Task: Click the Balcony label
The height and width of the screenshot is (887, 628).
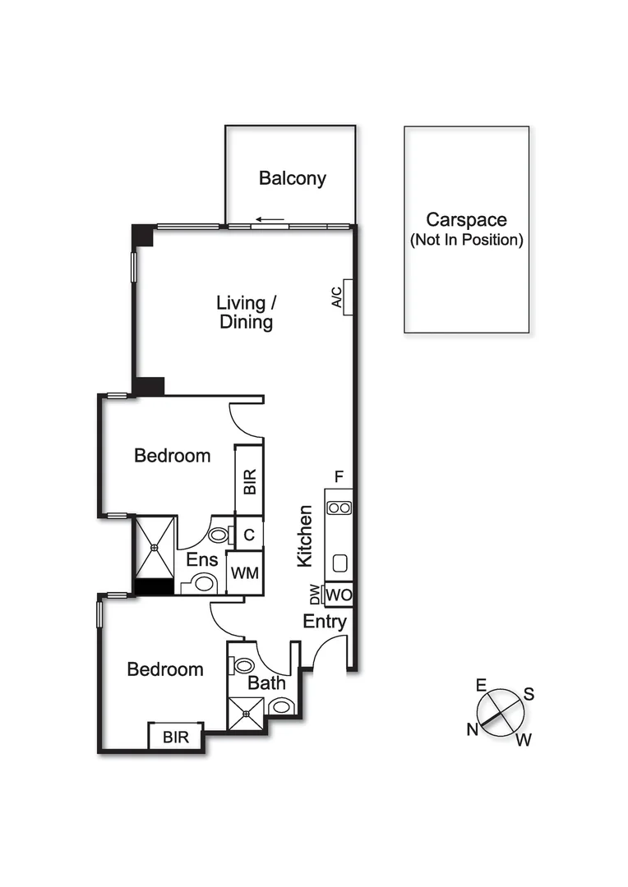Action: [x=293, y=178]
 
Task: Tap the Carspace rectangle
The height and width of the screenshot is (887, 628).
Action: [x=466, y=229]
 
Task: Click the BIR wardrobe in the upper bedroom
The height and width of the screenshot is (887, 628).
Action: [x=249, y=480]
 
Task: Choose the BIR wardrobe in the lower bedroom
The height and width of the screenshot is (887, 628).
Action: [x=175, y=737]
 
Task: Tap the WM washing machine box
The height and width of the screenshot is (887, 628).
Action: [x=245, y=574]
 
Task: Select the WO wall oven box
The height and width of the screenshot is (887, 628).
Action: [x=339, y=594]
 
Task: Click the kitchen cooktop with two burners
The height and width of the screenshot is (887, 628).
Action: [x=339, y=508]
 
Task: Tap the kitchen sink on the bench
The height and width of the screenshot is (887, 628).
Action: [x=339, y=564]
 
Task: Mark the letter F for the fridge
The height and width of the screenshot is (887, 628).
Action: [x=338, y=476]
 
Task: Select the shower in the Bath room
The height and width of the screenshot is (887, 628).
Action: [x=247, y=713]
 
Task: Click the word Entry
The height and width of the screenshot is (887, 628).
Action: [x=325, y=622]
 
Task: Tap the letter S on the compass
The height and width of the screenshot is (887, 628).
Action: [x=529, y=694]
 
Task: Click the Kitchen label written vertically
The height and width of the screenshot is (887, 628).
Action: [x=305, y=535]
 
